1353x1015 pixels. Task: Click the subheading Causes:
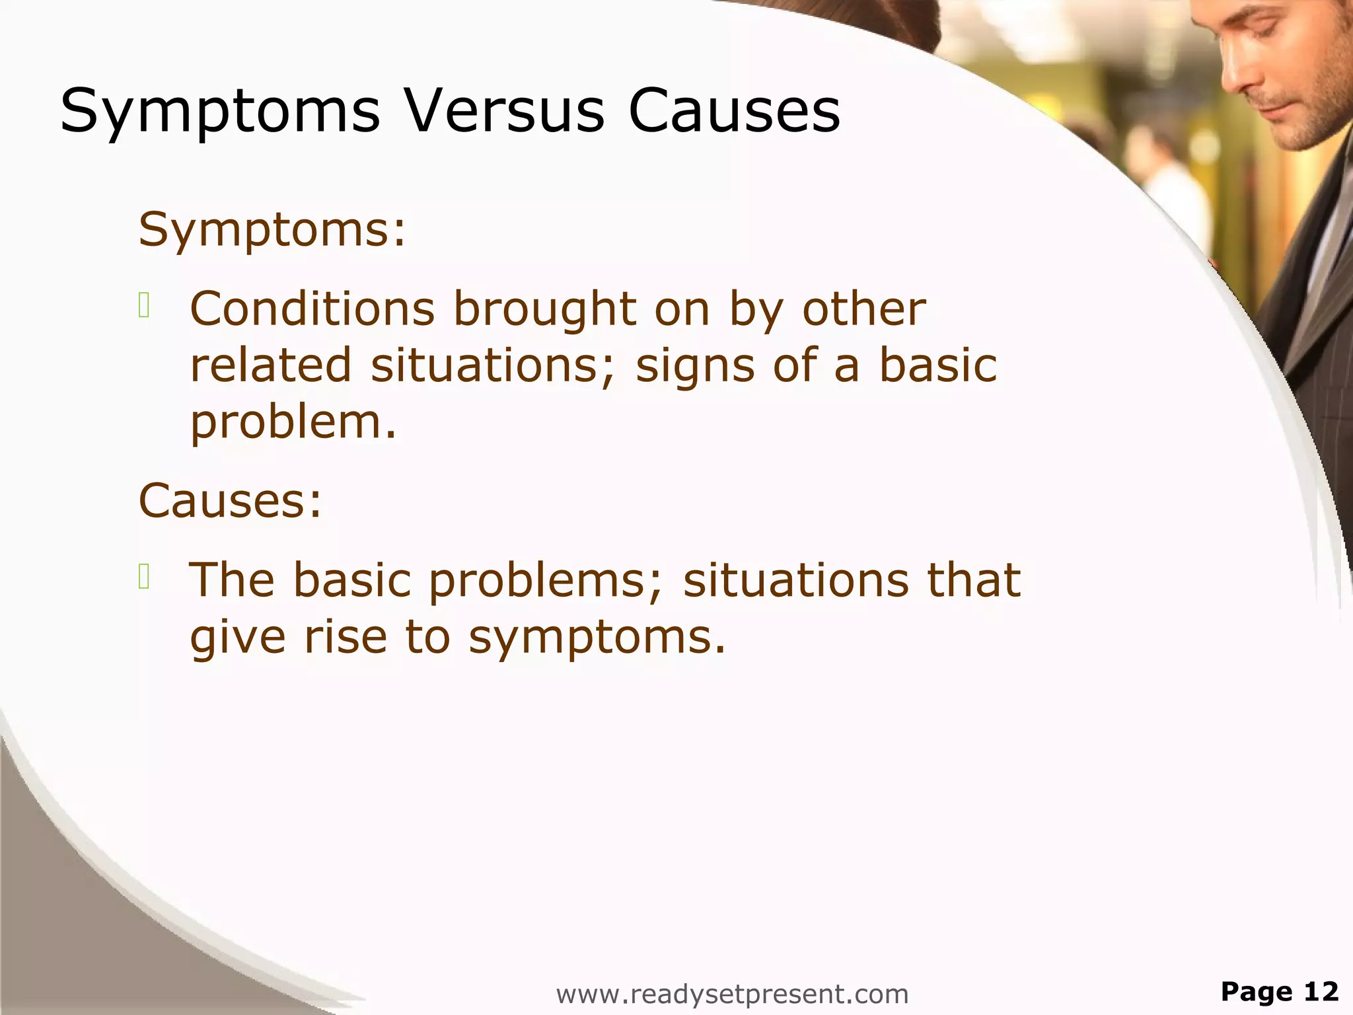tap(230, 500)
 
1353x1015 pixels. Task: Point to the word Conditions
tap(312, 309)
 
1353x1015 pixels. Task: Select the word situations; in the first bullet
tap(492, 365)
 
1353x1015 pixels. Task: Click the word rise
tap(345, 636)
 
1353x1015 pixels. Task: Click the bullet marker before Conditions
tap(145, 306)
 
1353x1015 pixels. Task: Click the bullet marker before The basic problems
tap(145, 577)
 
